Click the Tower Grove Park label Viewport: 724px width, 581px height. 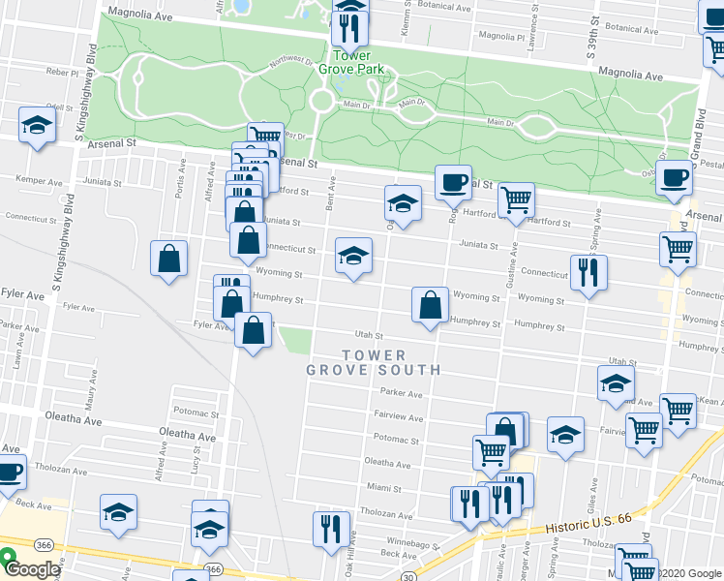tap(351, 61)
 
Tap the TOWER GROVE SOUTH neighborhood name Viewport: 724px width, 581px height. tap(374, 362)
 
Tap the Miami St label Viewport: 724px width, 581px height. tap(383, 488)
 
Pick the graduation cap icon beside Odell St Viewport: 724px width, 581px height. tap(38, 125)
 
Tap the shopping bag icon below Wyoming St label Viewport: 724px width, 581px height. tap(429, 304)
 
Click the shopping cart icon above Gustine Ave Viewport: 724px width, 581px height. tap(516, 200)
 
